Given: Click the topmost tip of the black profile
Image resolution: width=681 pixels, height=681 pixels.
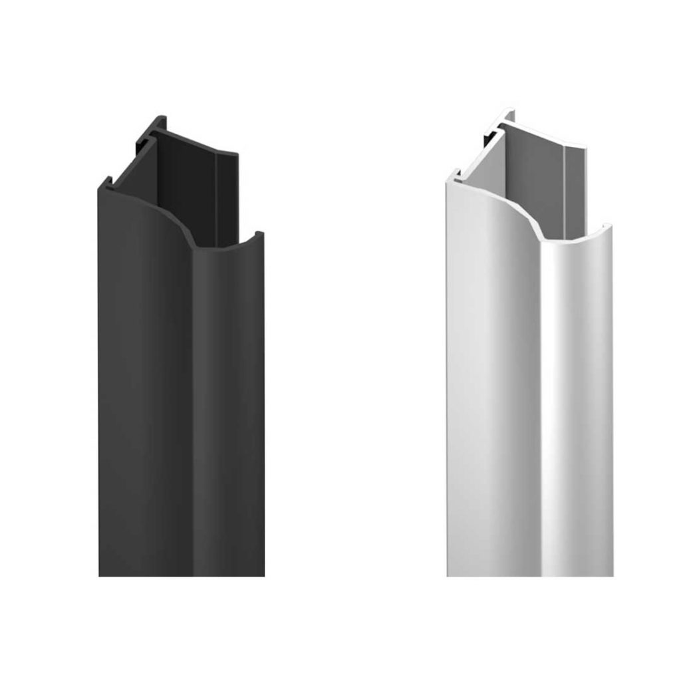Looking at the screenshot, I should pos(162,117).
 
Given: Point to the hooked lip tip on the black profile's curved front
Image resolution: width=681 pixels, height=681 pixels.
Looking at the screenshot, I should pos(259,233).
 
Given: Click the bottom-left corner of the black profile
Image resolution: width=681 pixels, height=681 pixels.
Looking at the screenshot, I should pos(100,575).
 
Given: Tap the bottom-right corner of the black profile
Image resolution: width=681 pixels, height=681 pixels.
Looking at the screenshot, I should pos(263,575).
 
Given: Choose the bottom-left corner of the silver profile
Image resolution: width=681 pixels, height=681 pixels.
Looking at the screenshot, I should pos(448,575).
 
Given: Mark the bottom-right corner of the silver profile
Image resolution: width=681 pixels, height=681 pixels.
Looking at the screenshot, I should pos(612,575).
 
